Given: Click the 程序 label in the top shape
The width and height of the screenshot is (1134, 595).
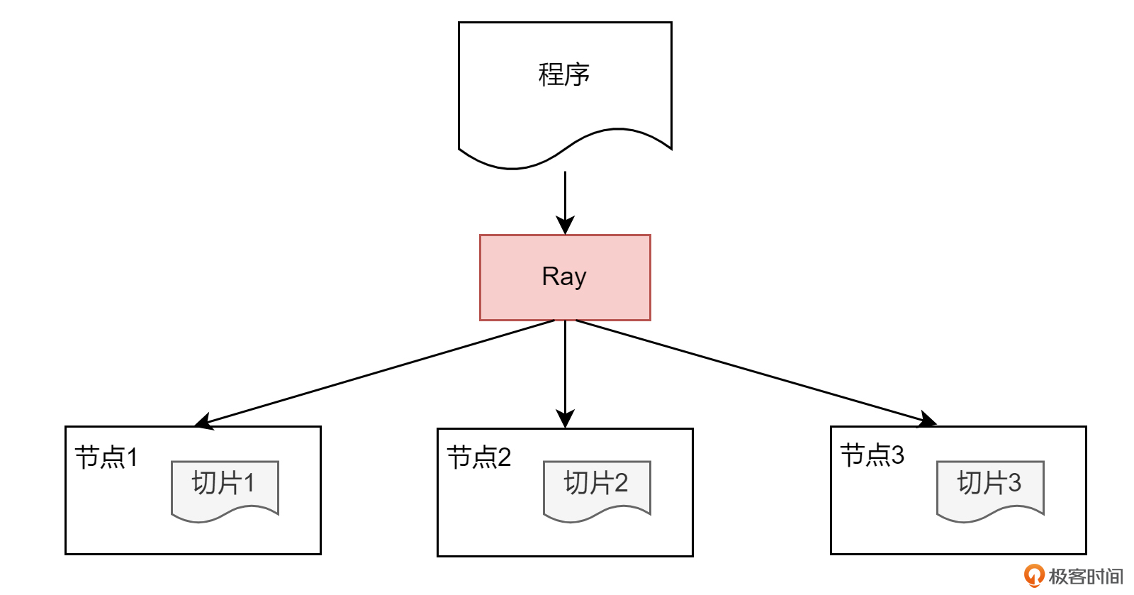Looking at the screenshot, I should pos(564,74).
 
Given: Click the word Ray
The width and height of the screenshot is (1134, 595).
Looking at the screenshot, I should pos(564,277).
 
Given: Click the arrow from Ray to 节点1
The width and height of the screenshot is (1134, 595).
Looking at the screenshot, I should pos(376,373).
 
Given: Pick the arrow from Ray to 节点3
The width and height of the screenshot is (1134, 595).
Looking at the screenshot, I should pos(751,372).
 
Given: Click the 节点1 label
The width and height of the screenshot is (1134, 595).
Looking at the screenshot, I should pos(106,457).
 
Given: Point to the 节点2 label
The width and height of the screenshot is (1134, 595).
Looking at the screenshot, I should pos(479,457).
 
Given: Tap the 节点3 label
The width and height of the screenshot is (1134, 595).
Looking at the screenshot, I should pos(872,455).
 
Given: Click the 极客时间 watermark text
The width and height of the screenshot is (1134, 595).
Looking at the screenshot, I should pos(1086,576).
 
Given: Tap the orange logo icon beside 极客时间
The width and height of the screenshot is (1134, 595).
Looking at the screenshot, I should pos(1034,575).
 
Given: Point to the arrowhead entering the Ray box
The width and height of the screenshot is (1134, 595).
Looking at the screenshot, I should pos(565,226).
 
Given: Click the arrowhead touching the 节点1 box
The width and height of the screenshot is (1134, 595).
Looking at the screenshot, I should pos(203,423).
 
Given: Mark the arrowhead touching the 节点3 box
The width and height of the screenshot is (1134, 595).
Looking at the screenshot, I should pos(927,420).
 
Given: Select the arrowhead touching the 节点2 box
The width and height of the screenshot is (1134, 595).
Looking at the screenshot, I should pos(565,418).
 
